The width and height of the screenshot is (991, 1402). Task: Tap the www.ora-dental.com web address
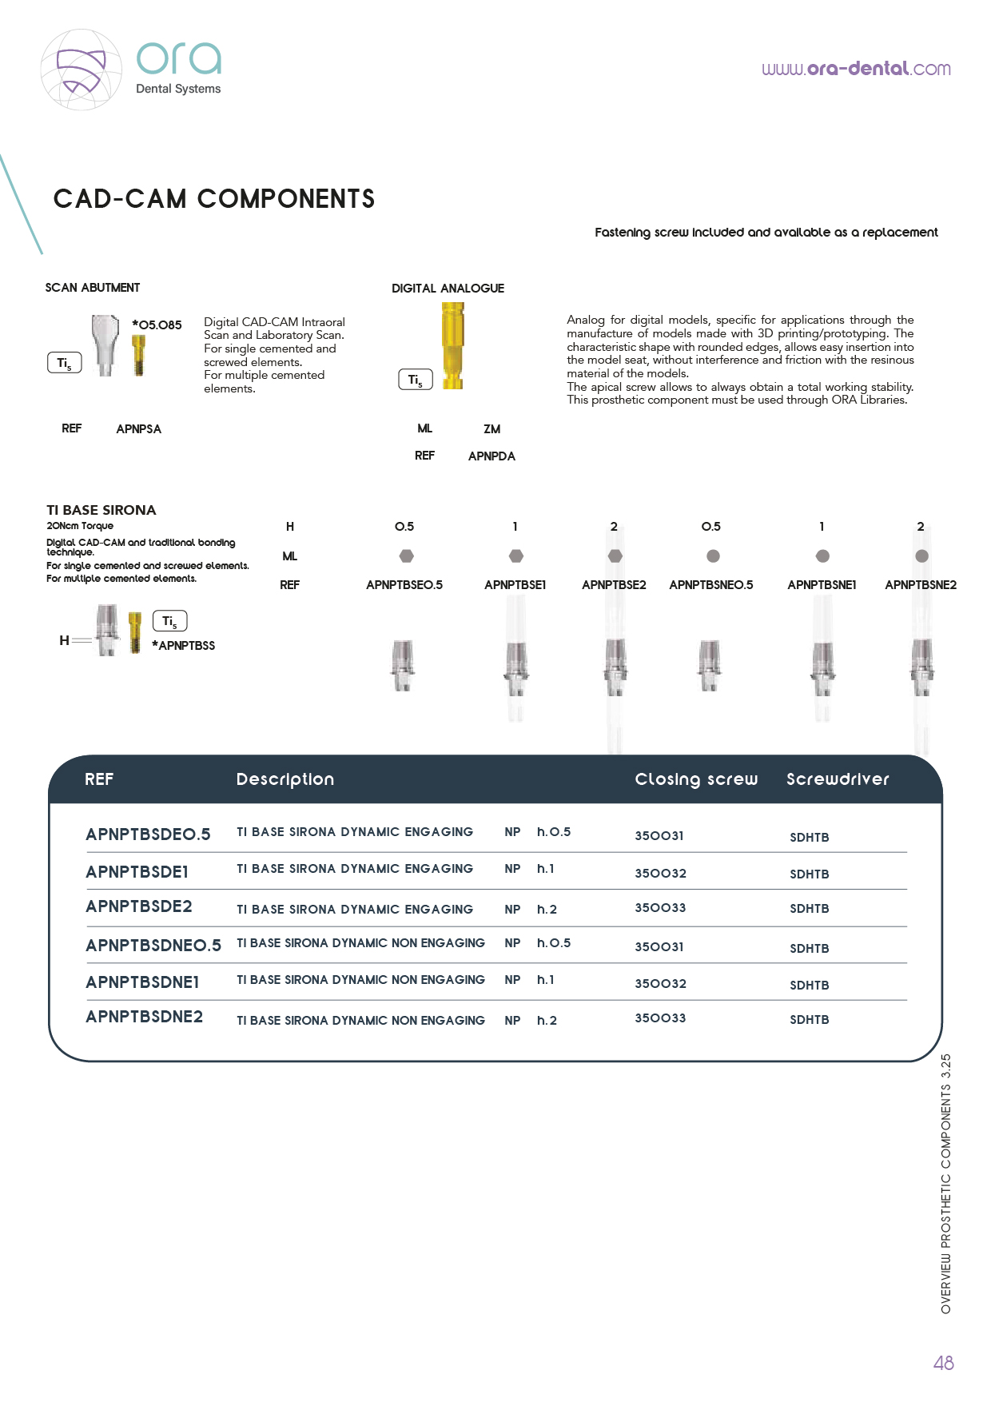[x=856, y=69]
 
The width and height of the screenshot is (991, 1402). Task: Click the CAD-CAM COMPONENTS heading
[x=214, y=199]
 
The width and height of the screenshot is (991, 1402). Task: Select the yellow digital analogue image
[x=452, y=345]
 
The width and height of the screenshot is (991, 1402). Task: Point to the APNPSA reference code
[x=138, y=429]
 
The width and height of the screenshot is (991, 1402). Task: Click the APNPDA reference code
[x=492, y=456]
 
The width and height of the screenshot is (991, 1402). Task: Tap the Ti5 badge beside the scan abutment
[x=65, y=363]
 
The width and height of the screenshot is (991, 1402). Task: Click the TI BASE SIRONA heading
[x=101, y=510]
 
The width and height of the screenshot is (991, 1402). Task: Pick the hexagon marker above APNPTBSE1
[x=516, y=556]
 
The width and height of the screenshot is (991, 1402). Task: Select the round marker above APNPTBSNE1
[x=822, y=556]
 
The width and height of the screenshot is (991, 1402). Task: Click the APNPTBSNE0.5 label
[x=711, y=585]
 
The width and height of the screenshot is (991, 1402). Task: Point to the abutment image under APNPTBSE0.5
[x=404, y=665]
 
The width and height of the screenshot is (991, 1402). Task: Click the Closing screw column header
[x=696, y=779]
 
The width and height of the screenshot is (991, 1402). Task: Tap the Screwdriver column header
[x=838, y=779]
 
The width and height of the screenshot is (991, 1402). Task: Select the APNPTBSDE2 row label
[x=139, y=906]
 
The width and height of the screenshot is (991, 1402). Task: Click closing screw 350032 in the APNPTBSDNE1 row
[x=660, y=984]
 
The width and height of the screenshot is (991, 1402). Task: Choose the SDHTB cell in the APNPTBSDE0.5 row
[x=810, y=838]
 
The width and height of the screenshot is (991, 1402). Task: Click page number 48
[x=943, y=1364]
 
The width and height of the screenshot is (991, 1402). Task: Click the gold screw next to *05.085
[x=138, y=354]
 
